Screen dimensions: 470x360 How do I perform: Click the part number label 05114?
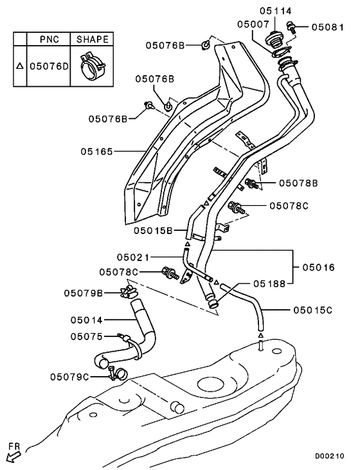[275, 11]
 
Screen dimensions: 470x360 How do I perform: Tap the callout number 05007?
[253, 24]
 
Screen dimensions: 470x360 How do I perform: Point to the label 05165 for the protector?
[97, 152]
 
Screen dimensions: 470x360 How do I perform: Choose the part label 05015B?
[152, 230]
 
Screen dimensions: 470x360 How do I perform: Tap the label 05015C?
[312, 311]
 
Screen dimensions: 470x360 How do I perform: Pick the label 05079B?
[83, 293]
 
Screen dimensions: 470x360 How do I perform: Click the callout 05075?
[86, 336]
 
